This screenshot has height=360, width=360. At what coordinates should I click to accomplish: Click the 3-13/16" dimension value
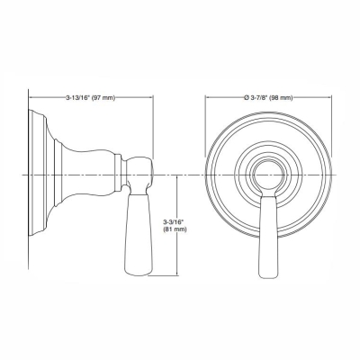tap(79, 97)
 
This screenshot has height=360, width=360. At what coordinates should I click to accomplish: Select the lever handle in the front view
tap(269, 229)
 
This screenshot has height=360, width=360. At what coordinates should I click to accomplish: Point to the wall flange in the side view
tap(38, 172)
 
